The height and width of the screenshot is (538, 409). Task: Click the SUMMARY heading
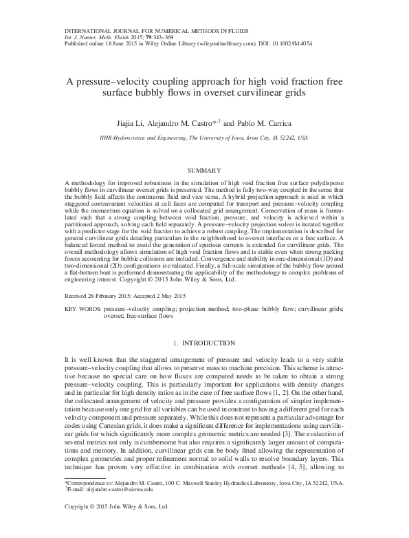coord(203,169)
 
